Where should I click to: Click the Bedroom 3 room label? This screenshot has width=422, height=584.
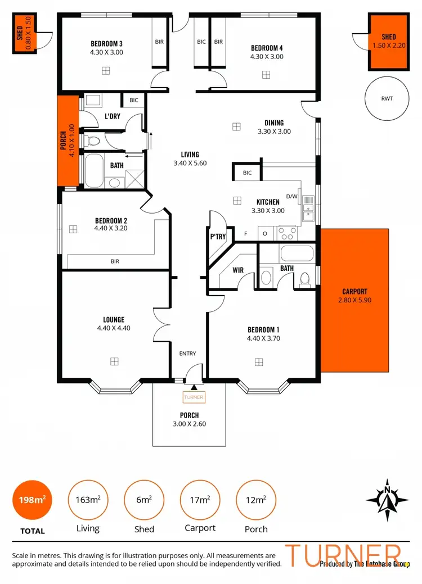coord(106,43)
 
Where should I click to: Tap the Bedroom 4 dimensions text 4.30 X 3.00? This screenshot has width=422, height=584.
coord(267,56)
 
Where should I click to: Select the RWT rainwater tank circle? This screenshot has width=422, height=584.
coord(387,98)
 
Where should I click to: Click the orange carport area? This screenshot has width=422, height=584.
coord(354,300)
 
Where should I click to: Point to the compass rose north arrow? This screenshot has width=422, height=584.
coord(387,499)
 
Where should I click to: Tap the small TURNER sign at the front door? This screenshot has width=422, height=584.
coord(194,397)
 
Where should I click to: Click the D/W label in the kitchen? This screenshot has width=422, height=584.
coord(291,196)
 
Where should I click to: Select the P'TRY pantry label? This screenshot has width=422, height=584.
coord(218,237)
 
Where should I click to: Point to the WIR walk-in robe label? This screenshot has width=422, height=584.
coord(237,270)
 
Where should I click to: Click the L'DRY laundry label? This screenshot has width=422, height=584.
coord(113,116)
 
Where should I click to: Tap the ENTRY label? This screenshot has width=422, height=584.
coord(187,354)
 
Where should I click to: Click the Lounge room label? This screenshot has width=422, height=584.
coord(114,319)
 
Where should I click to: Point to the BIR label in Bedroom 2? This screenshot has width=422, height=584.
coord(115,261)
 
